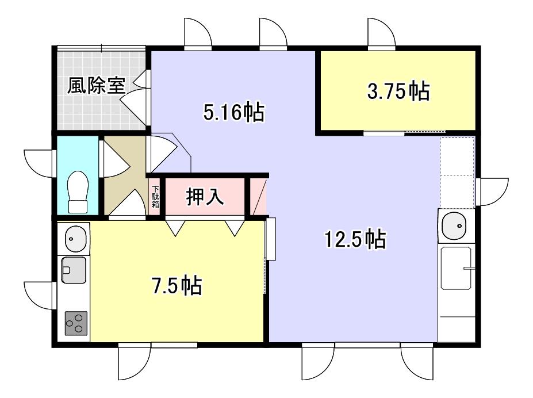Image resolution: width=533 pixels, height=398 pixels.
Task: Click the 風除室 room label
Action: coord(96,86)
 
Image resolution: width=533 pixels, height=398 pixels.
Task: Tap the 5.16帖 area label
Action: coord(234,112)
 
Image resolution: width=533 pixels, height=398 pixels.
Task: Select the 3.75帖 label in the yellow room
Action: coord(398,91)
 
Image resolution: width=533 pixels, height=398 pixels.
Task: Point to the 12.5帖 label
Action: coord(355,239)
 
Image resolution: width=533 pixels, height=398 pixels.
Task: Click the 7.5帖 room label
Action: coord(177,285)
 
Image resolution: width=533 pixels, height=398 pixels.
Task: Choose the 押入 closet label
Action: coord(205,197)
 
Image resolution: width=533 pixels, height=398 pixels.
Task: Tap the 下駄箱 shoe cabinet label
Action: coord(155,197)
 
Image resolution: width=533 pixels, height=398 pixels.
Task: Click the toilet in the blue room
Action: coord(78,192)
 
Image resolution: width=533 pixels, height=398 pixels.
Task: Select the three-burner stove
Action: coord(76,323)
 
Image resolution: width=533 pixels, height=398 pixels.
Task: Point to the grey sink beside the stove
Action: coord(74,270)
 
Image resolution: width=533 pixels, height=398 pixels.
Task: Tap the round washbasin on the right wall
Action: coord(454,225)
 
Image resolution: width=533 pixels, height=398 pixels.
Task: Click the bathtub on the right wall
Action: coord(457,268)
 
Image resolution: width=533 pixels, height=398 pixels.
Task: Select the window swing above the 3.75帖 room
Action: coord(381,32)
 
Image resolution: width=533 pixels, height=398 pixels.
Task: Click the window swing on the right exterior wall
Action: coord(493,192)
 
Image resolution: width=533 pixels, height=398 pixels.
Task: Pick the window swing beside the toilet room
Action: coord(38,163)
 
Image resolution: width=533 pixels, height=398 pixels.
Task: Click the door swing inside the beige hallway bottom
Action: coord(127,202)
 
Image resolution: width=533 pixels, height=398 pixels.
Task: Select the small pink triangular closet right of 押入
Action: coord(258,197)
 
